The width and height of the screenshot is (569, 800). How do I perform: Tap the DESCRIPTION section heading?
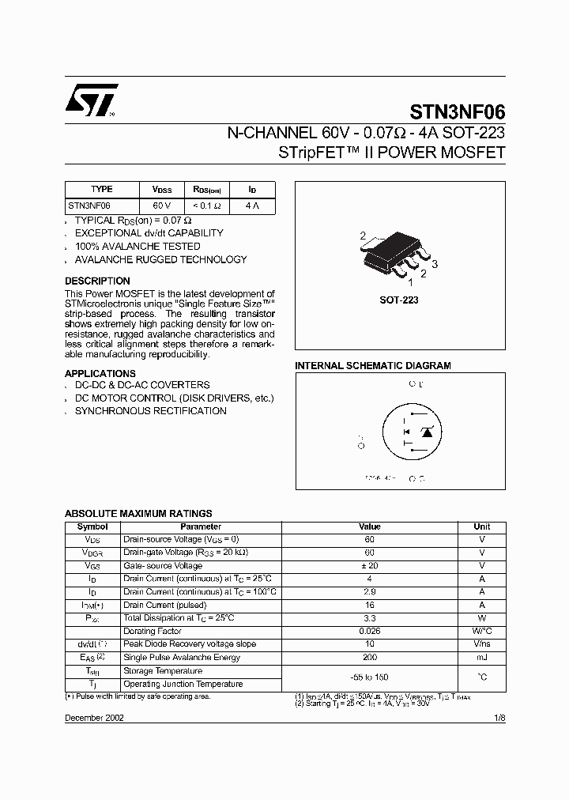click(x=97, y=281)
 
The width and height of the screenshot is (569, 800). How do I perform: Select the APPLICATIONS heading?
click(x=100, y=373)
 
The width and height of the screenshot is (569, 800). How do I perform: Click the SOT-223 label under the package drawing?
click(x=399, y=300)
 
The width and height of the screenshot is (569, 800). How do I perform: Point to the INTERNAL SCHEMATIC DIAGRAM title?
click(x=372, y=366)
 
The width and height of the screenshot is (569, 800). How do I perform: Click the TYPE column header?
click(x=102, y=190)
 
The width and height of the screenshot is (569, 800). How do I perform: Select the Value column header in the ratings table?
click(x=369, y=526)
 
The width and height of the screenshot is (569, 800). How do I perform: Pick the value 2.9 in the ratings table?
click(x=369, y=592)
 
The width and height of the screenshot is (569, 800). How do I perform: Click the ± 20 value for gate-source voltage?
click(x=369, y=566)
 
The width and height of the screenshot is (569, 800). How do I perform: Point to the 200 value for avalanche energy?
click(x=369, y=658)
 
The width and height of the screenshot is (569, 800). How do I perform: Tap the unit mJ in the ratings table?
click(x=481, y=658)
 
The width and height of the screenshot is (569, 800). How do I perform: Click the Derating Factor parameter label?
click(x=153, y=632)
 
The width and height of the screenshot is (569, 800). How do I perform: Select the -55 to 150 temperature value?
click(x=369, y=677)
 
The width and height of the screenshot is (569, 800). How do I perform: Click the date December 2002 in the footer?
click(x=94, y=717)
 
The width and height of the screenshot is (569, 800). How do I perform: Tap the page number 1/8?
click(x=499, y=717)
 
